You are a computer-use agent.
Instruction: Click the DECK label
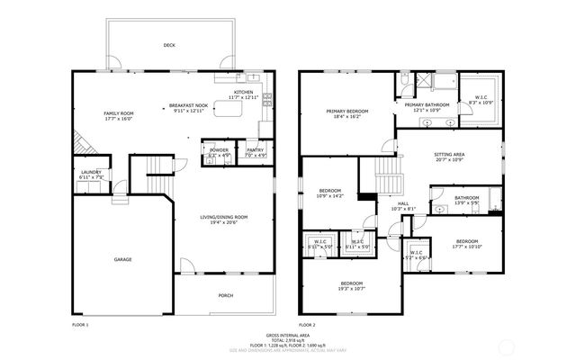click(168, 44)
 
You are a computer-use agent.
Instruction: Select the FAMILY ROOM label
click(118, 112)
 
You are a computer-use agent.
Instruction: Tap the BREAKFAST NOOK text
click(190, 106)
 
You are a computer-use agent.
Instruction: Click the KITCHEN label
click(243, 92)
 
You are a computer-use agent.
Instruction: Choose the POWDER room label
click(219, 149)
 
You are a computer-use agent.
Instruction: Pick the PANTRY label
click(256, 149)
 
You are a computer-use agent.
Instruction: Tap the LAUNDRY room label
click(92, 173)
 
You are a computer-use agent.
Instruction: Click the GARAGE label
click(122, 259)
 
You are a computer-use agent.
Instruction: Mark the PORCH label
click(226, 295)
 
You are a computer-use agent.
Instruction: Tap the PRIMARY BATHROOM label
click(427, 105)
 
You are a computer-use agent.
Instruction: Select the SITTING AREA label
click(449, 155)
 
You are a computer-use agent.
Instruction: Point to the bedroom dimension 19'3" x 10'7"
click(350, 289)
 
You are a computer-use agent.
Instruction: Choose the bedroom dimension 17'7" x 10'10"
click(466, 246)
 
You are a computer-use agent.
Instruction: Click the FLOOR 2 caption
click(308, 323)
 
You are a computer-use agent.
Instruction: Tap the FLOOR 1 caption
click(80, 323)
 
